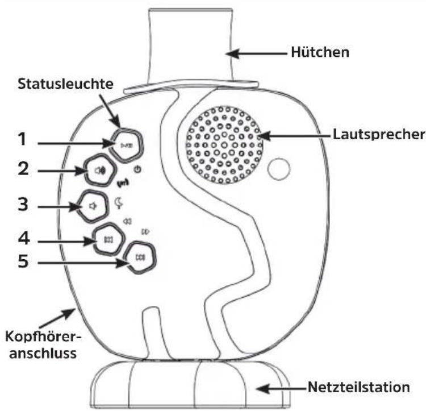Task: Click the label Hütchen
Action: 320,52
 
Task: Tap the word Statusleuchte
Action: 65,84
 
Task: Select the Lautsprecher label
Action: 379,134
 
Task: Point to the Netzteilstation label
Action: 358,387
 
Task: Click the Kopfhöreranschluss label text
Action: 43,345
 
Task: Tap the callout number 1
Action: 23,139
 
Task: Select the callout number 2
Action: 23,168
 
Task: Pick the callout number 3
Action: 23,204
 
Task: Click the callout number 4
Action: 24,238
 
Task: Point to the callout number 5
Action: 23,261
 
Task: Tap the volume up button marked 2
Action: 100,171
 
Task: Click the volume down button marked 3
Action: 92,206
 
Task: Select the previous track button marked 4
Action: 108,239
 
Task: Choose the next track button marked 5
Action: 140,258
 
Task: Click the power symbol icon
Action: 137,169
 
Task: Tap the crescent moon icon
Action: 119,203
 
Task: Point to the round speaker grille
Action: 224,145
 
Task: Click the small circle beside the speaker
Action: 279,168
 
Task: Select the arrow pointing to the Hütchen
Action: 257,53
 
